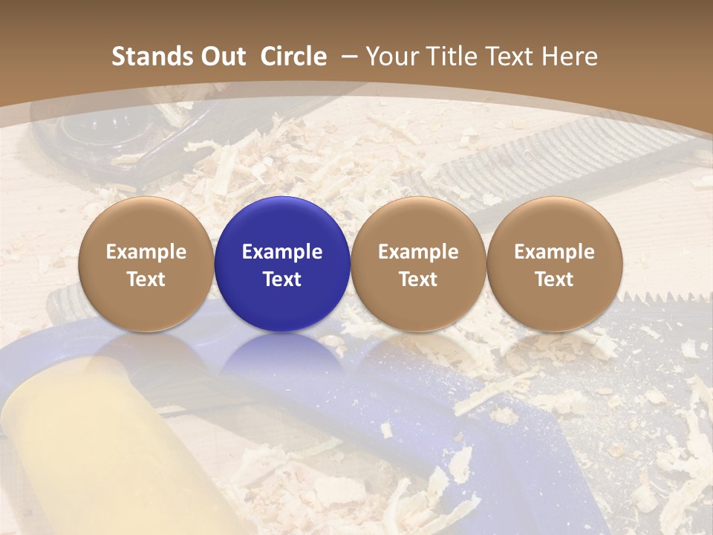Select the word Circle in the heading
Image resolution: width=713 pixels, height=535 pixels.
click(x=293, y=56)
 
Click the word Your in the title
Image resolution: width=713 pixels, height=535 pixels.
click(x=391, y=56)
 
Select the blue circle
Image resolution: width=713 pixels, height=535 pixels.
click(x=282, y=264)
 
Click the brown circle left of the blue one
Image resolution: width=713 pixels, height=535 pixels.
click(x=146, y=264)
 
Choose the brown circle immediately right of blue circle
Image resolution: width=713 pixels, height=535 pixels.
click(x=418, y=264)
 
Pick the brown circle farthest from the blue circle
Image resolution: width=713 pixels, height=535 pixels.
click(x=555, y=264)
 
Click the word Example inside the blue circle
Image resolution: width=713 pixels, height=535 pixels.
click(x=282, y=252)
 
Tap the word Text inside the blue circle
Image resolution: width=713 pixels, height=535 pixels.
click(x=282, y=279)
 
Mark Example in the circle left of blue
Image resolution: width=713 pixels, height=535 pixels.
click(x=146, y=252)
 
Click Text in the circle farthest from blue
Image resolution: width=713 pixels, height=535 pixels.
click(x=555, y=279)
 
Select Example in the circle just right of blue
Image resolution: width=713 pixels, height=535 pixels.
click(x=418, y=252)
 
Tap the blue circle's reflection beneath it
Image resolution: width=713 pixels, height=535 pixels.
click(x=282, y=353)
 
